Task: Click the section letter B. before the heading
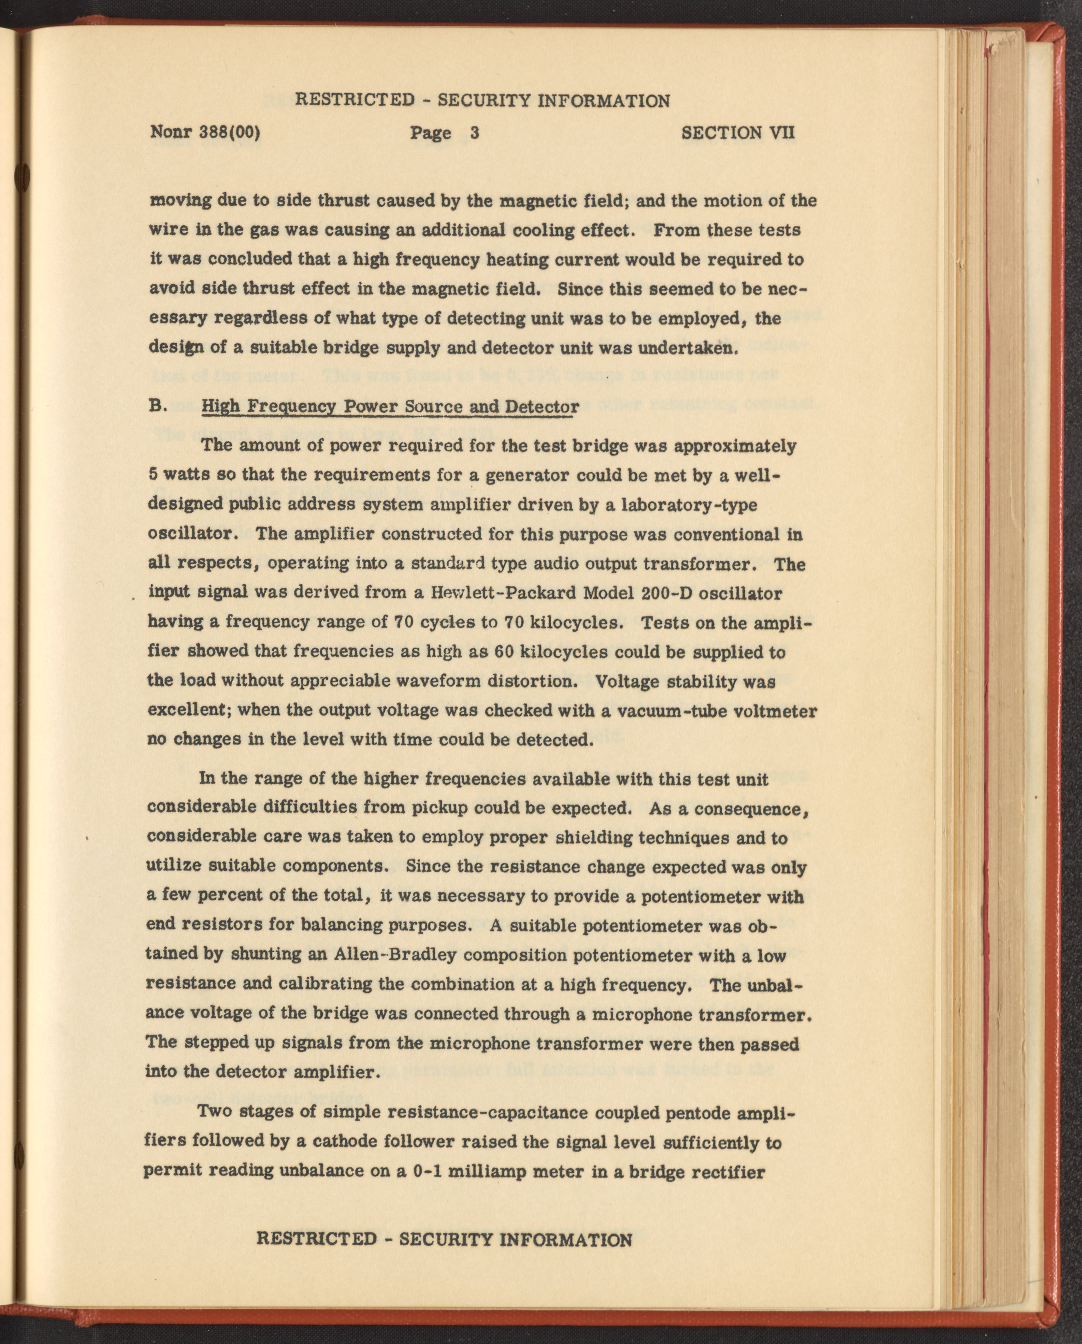click(x=157, y=406)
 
